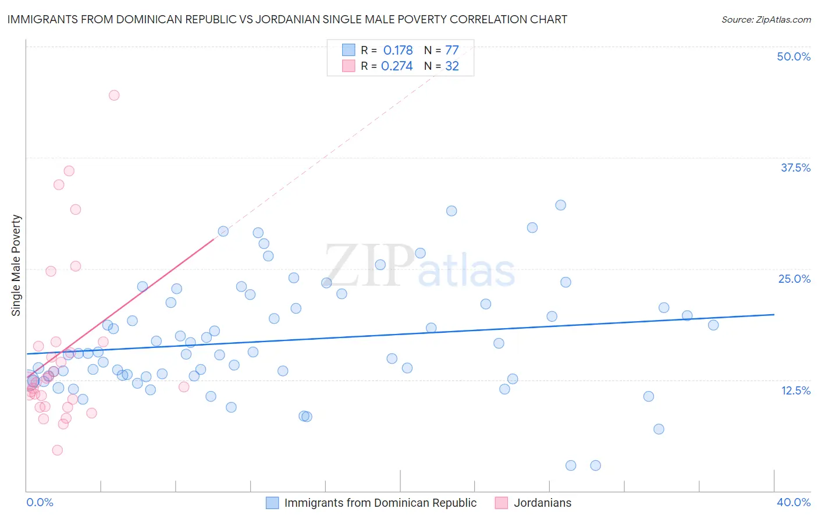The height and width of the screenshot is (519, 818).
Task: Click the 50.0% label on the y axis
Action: coord(794,56)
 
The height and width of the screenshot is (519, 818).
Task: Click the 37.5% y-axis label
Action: coord(795,168)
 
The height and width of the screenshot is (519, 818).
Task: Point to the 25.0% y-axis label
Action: coord(794,279)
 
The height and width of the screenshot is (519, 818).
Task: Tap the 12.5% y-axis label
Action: coord(795,390)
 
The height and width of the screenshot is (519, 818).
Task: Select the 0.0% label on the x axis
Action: coord(40,502)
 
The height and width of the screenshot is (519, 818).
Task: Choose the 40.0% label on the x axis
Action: coord(793,502)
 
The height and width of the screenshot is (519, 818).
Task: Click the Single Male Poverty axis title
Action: coord(16,265)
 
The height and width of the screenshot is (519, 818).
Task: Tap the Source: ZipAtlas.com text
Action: coord(766,19)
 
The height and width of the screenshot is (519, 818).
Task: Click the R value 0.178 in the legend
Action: coord(398,50)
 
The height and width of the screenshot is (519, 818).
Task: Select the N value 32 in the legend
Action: coord(452,66)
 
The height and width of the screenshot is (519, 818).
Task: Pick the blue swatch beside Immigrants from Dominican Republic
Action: coord(272,503)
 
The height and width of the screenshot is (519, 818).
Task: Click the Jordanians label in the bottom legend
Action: coord(542,503)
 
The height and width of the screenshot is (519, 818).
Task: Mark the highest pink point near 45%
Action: coord(114,95)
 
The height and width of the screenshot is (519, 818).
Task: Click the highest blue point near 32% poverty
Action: coord(560,205)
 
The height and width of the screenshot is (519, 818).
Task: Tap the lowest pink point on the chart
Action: coord(57,450)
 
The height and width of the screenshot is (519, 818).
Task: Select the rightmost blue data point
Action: coord(713,325)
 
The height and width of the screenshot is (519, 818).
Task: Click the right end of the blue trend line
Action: coord(774,314)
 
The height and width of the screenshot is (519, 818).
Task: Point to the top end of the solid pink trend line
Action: coord(214,239)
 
